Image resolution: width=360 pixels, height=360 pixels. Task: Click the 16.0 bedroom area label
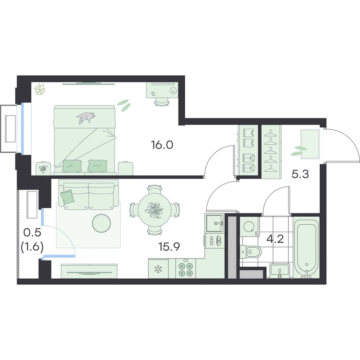click(x=162, y=145)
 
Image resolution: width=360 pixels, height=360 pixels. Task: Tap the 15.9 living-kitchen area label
click(x=169, y=247)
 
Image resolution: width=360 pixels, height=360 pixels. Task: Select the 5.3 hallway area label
click(x=300, y=174)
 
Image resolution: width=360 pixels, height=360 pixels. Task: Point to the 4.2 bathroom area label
click(x=275, y=239)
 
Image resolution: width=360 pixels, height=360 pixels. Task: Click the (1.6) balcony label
click(x=32, y=247)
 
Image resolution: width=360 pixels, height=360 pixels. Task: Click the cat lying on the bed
click(x=86, y=117)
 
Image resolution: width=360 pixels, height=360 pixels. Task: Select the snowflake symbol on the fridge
click(x=158, y=269)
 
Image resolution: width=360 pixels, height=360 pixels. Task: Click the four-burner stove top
click(x=186, y=269)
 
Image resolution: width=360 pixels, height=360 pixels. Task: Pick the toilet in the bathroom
click(x=251, y=252)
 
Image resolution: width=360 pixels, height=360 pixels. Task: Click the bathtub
click(x=306, y=247)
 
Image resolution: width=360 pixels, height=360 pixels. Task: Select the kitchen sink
click(x=215, y=223)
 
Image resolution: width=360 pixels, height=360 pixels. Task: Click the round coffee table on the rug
click(x=102, y=223)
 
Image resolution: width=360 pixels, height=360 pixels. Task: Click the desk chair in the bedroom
click(x=162, y=102)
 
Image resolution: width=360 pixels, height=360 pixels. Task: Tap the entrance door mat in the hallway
click(x=310, y=144)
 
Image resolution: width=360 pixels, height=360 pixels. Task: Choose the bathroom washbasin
click(x=280, y=271)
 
